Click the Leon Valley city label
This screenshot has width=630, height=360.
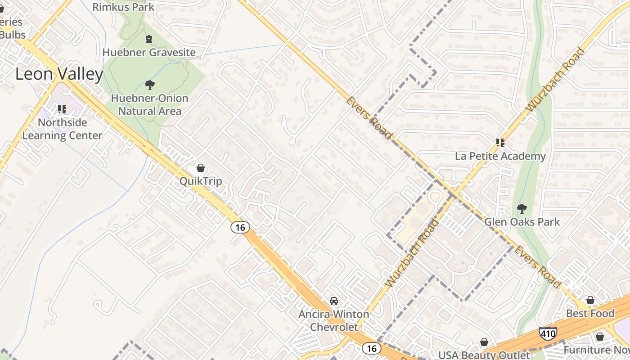coord(59,74)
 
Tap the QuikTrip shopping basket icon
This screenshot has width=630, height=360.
coord(201,168)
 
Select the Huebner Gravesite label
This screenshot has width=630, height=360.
coord(149,53)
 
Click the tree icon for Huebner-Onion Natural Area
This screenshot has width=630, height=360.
coord(149,85)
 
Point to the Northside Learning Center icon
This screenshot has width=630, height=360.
coord(62,109)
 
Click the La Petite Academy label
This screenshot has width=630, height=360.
coord(500,156)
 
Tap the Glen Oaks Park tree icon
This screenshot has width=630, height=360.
coord(522,208)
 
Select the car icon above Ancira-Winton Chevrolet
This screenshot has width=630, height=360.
coord(333,301)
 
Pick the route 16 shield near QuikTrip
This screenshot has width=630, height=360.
coord(240,227)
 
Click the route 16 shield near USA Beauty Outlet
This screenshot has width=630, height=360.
coord(371,348)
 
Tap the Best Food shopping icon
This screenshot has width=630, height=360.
coord(590,300)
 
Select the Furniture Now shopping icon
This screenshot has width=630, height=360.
coord(599,336)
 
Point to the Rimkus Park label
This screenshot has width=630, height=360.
coord(123,7)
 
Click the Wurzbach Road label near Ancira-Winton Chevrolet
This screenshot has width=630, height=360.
coord(412,253)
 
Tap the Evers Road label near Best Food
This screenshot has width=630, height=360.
coord(538,266)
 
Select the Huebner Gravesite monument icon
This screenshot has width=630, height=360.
coord(149,39)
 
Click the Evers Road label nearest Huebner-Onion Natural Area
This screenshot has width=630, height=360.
coord(369,117)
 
